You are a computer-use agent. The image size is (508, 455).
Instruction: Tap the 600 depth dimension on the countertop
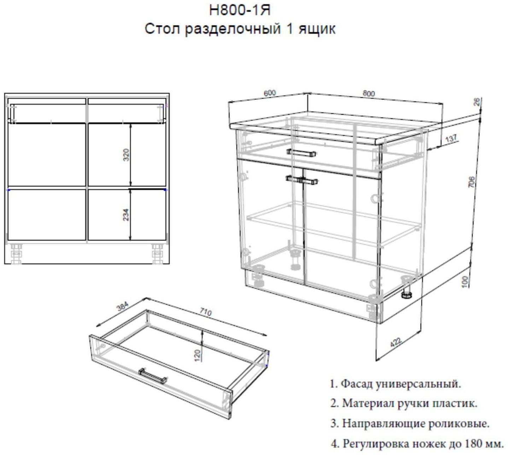coord(269,93)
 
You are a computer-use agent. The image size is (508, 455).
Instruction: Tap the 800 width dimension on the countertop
coord(368,93)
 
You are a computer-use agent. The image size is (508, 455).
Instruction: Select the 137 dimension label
coord(451,139)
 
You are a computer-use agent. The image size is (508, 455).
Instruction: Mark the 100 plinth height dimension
coord(465,281)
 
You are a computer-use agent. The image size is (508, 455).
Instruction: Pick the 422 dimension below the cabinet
coord(396,342)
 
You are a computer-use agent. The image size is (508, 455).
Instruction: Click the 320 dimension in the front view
coord(126,155)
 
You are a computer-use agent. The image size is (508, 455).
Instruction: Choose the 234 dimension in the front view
coord(126,215)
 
